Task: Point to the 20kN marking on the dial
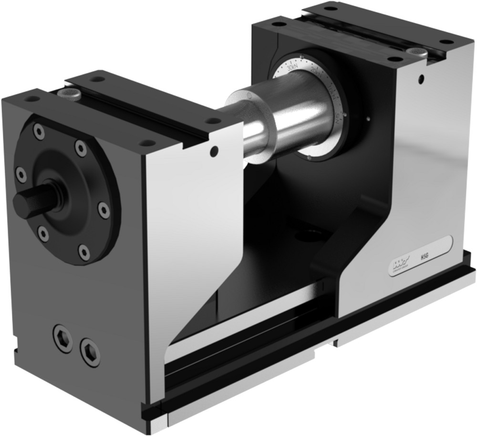tap(315, 72)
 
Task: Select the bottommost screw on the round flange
tap(84, 252)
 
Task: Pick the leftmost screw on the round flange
tap(21, 174)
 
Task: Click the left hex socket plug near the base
tap(62, 338)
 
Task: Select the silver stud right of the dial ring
tap(368, 119)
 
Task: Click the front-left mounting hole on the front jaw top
tap(32, 99)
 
